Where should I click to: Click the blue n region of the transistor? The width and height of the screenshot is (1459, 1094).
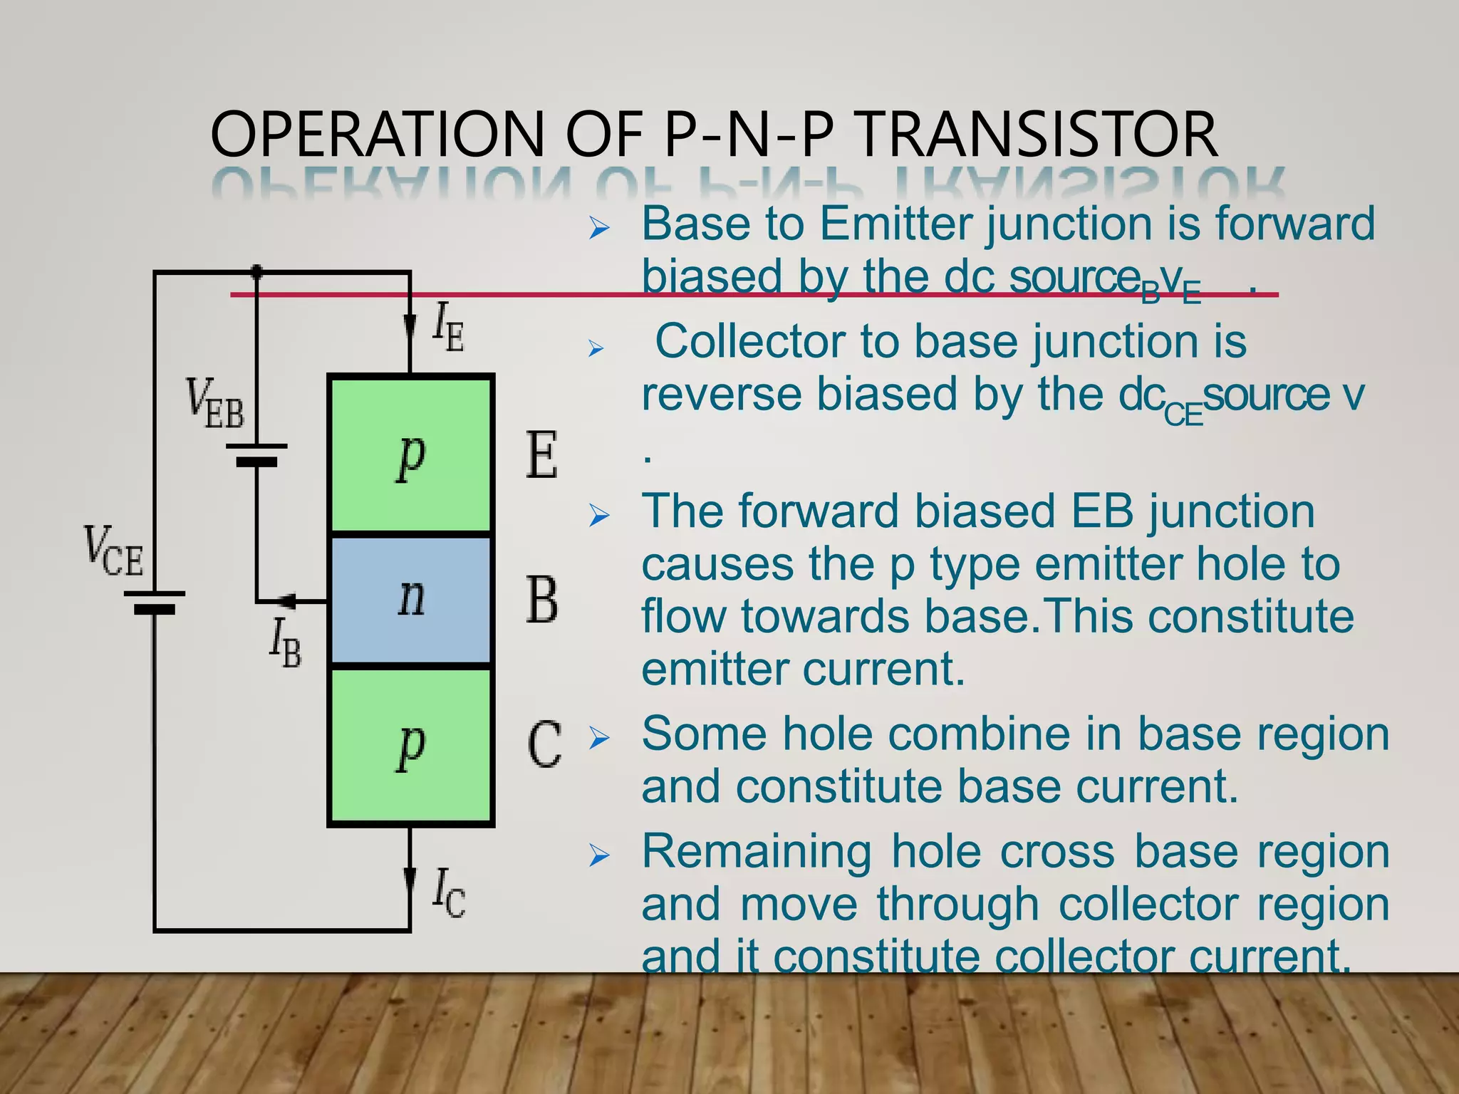[x=411, y=599]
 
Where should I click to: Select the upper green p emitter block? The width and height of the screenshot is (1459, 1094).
[x=411, y=454]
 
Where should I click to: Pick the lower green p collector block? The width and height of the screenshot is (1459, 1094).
[x=411, y=746]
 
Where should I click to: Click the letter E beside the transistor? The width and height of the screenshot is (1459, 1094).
[x=541, y=456]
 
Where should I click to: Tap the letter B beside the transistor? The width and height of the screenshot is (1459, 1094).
[x=541, y=600]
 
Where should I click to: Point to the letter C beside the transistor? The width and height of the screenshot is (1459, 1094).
[x=544, y=745]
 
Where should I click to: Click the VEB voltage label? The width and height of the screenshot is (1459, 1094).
[x=214, y=405]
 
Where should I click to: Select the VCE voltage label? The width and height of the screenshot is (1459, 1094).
[x=113, y=551]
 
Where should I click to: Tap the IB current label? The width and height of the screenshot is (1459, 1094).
[x=285, y=642]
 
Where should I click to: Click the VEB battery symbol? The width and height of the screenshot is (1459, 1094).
[x=256, y=454]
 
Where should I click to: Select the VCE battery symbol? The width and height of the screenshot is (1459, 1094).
[x=155, y=602]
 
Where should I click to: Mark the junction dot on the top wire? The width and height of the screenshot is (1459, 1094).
[x=256, y=271]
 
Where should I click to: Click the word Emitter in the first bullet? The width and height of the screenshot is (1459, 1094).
[x=895, y=224]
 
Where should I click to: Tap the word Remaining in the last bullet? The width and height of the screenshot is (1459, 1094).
[x=757, y=851]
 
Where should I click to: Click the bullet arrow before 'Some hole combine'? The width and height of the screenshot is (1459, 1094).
[x=599, y=739]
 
